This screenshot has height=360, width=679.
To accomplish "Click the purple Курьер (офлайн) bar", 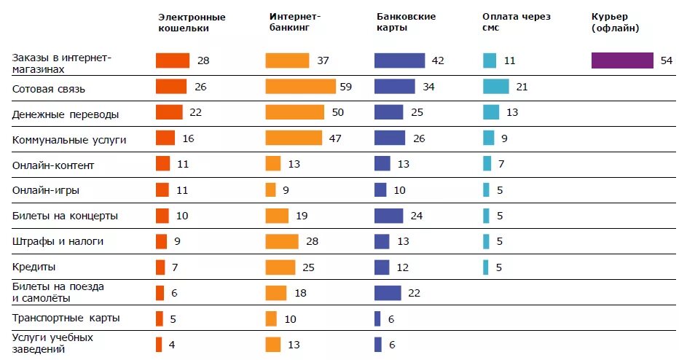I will coord(622,60).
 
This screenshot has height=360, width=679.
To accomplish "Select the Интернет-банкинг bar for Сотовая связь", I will coord(300,87).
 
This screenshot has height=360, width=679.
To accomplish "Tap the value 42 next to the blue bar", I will coord(437,61).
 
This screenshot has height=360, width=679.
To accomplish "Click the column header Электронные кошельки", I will coord(192,23).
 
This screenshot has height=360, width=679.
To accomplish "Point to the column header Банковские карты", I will coord(407,23).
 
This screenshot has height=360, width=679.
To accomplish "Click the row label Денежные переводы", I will coord(65,114).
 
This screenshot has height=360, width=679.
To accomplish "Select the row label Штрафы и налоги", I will coord(58,241).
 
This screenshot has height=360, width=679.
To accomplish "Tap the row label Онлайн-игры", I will coord(46,190).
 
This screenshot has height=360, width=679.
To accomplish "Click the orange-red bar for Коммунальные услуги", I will coord(165,138).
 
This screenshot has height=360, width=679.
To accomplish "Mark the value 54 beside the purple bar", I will coord(666,61).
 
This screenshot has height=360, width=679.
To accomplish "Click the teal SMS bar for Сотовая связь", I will coord(495,87).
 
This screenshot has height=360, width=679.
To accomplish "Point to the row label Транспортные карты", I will coord(66,318).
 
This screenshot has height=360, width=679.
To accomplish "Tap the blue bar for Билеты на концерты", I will coord(388,216).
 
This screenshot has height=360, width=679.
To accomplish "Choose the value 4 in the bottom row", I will coord(171,345).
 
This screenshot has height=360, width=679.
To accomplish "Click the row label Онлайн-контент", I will coord(53,165).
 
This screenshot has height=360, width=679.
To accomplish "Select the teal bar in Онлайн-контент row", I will coord(487,164).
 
